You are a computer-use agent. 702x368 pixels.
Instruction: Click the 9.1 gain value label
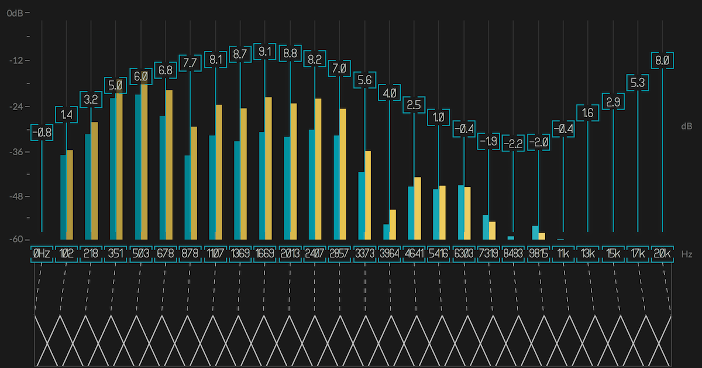(265, 52)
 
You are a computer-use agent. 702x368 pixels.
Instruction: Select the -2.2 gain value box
(514, 144)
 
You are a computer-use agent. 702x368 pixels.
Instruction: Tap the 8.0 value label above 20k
(662, 60)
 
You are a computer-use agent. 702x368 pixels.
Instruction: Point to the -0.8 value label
(42, 132)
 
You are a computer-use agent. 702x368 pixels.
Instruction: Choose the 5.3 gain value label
(638, 83)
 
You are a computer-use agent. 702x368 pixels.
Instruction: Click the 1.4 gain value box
(66, 115)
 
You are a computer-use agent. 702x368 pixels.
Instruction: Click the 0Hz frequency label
(42, 254)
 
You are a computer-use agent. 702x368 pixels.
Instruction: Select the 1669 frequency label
(265, 254)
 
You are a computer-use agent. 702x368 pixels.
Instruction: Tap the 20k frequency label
(662, 254)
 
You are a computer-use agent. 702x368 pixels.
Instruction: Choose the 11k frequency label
(563, 254)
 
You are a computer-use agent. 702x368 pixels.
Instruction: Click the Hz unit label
(687, 254)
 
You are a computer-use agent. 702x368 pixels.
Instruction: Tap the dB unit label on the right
(687, 126)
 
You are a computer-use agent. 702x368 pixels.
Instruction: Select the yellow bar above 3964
(393, 224)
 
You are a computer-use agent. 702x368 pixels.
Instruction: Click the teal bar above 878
(188, 197)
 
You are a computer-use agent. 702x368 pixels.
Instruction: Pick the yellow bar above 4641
(418, 208)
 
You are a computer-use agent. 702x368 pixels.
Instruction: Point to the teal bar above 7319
(486, 227)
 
